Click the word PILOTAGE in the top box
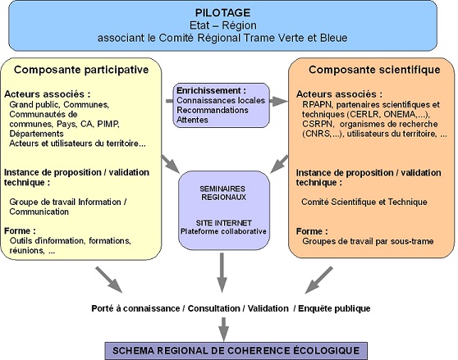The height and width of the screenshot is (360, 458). (x=223, y=13)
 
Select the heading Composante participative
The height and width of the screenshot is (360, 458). (x=81, y=70)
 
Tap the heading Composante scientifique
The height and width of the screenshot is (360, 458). (x=374, y=70)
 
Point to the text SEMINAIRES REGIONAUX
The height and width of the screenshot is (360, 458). (x=223, y=193)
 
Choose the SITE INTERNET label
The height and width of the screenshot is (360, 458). (x=224, y=223)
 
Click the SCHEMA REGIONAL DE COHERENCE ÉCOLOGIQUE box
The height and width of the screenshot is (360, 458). (x=236, y=351)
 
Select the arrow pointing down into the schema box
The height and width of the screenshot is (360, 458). (x=224, y=329)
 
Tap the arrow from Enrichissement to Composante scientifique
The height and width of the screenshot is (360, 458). (x=278, y=101)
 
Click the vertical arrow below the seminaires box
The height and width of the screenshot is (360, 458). (x=222, y=272)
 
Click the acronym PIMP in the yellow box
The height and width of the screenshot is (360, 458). (x=108, y=124)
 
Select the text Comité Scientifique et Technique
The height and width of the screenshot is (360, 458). (x=364, y=202)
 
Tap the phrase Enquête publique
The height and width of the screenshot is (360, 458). (x=334, y=308)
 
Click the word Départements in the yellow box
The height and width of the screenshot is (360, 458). (x=36, y=134)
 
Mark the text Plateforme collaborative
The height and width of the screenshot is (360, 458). (x=223, y=231)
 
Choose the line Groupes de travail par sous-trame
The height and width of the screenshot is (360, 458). (x=368, y=241)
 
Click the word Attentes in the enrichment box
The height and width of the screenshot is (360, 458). (x=193, y=120)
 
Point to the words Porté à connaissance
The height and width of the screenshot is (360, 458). (x=135, y=308)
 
